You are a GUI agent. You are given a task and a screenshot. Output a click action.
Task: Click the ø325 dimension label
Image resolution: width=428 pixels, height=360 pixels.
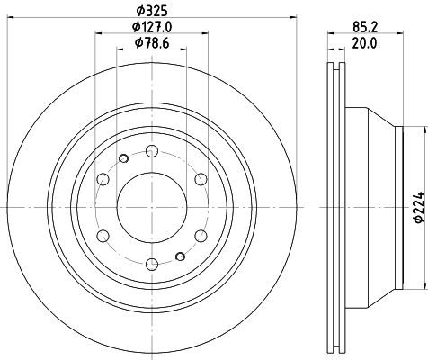click(x=152, y=11)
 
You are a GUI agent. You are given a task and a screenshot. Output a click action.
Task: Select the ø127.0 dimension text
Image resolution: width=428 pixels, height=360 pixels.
click(x=152, y=27)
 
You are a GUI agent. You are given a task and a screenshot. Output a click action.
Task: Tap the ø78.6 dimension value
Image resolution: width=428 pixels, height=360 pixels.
click(x=152, y=43)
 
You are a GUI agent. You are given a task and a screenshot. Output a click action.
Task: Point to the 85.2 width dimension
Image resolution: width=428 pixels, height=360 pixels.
click(x=365, y=27)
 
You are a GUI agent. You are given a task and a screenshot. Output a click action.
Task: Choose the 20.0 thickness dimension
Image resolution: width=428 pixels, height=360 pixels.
click(x=364, y=43)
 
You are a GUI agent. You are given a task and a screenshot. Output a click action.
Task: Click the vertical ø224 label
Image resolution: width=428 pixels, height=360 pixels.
click(x=419, y=207)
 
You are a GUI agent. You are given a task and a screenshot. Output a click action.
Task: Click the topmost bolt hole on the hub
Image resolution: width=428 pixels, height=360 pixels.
click(x=152, y=150)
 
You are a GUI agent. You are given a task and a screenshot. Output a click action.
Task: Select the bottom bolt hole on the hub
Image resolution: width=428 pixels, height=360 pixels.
click(x=152, y=265)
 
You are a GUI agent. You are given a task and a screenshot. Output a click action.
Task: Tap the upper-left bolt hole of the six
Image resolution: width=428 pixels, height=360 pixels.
click(x=103, y=179)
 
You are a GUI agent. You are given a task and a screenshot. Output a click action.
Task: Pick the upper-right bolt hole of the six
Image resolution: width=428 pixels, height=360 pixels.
click(x=201, y=179)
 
